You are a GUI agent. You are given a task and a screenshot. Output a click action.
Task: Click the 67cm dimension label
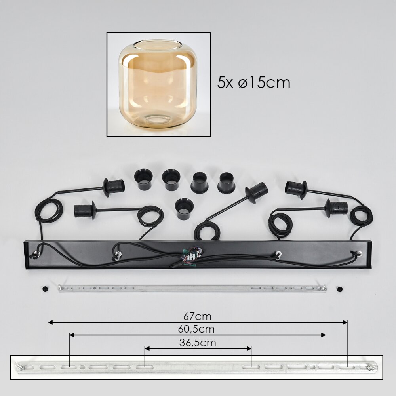click(197, 316)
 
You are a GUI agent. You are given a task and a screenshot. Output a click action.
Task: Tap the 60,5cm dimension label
click(196, 329)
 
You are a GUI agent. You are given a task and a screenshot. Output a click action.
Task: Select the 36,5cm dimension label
click(198, 343)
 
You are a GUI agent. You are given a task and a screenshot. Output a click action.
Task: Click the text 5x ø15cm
click(253, 82)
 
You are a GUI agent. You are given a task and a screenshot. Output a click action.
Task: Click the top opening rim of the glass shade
click(158, 45)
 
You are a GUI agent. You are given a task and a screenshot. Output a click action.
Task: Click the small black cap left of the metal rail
click(45, 289)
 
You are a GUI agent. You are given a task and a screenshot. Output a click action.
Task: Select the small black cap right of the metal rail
click(340, 289)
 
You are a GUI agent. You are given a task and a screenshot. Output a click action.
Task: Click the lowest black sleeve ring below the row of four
click(185, 209)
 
